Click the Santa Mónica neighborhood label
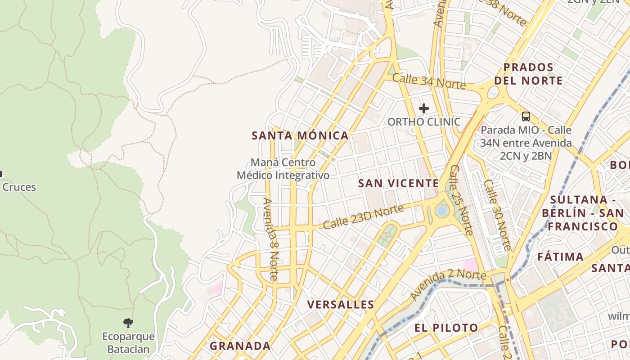pyautogui.click(x=300, y=135)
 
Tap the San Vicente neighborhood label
pyautogui.click(x=398, y=183)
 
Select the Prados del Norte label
pyautogui.click(x=528, y=74)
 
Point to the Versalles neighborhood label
pyautogui.click(x=341, y=305)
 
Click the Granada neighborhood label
pyautogui.click(x=240, y=346)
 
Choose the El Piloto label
pyautogui.click(x=446, y=328)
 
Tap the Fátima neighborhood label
pyautogui.click(x=561, y=257)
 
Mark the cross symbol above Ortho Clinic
pyautogui.click(x=423, y=108)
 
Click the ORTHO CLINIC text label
pyautogui.click(x=424, y=122)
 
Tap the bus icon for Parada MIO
pyautogui.click(x=526, y=117)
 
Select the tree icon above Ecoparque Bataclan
pyautogui.click(x=128, y=323)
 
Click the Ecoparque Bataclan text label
pyautogui.click(x=128, y=342)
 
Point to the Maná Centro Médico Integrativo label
pyautogui.click(x=283, y=169)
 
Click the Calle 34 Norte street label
pyautogui.click(x=428, y=81)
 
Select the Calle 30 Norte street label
pyautogui.click(x=497, y=215)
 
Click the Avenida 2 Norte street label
pyautogui.click(x=449, y=284)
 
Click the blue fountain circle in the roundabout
pyautogui.click(x=442, y=211)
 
